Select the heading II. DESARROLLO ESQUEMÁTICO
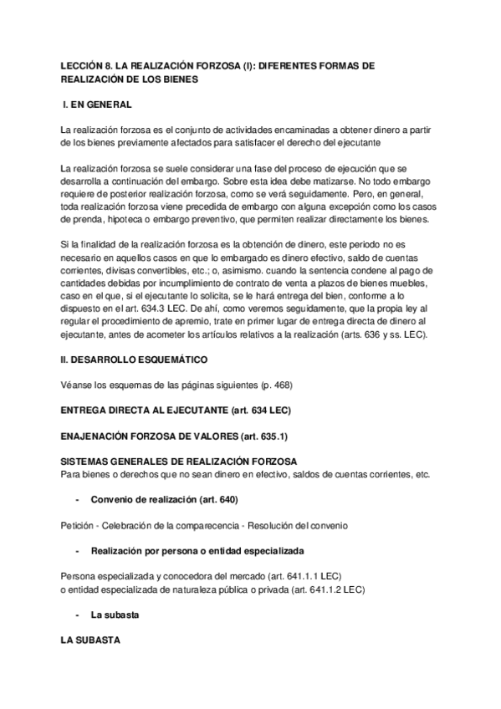point(135,360)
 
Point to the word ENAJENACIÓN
point(100,436)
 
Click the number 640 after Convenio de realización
point(226,499)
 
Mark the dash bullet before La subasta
point(77,615)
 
